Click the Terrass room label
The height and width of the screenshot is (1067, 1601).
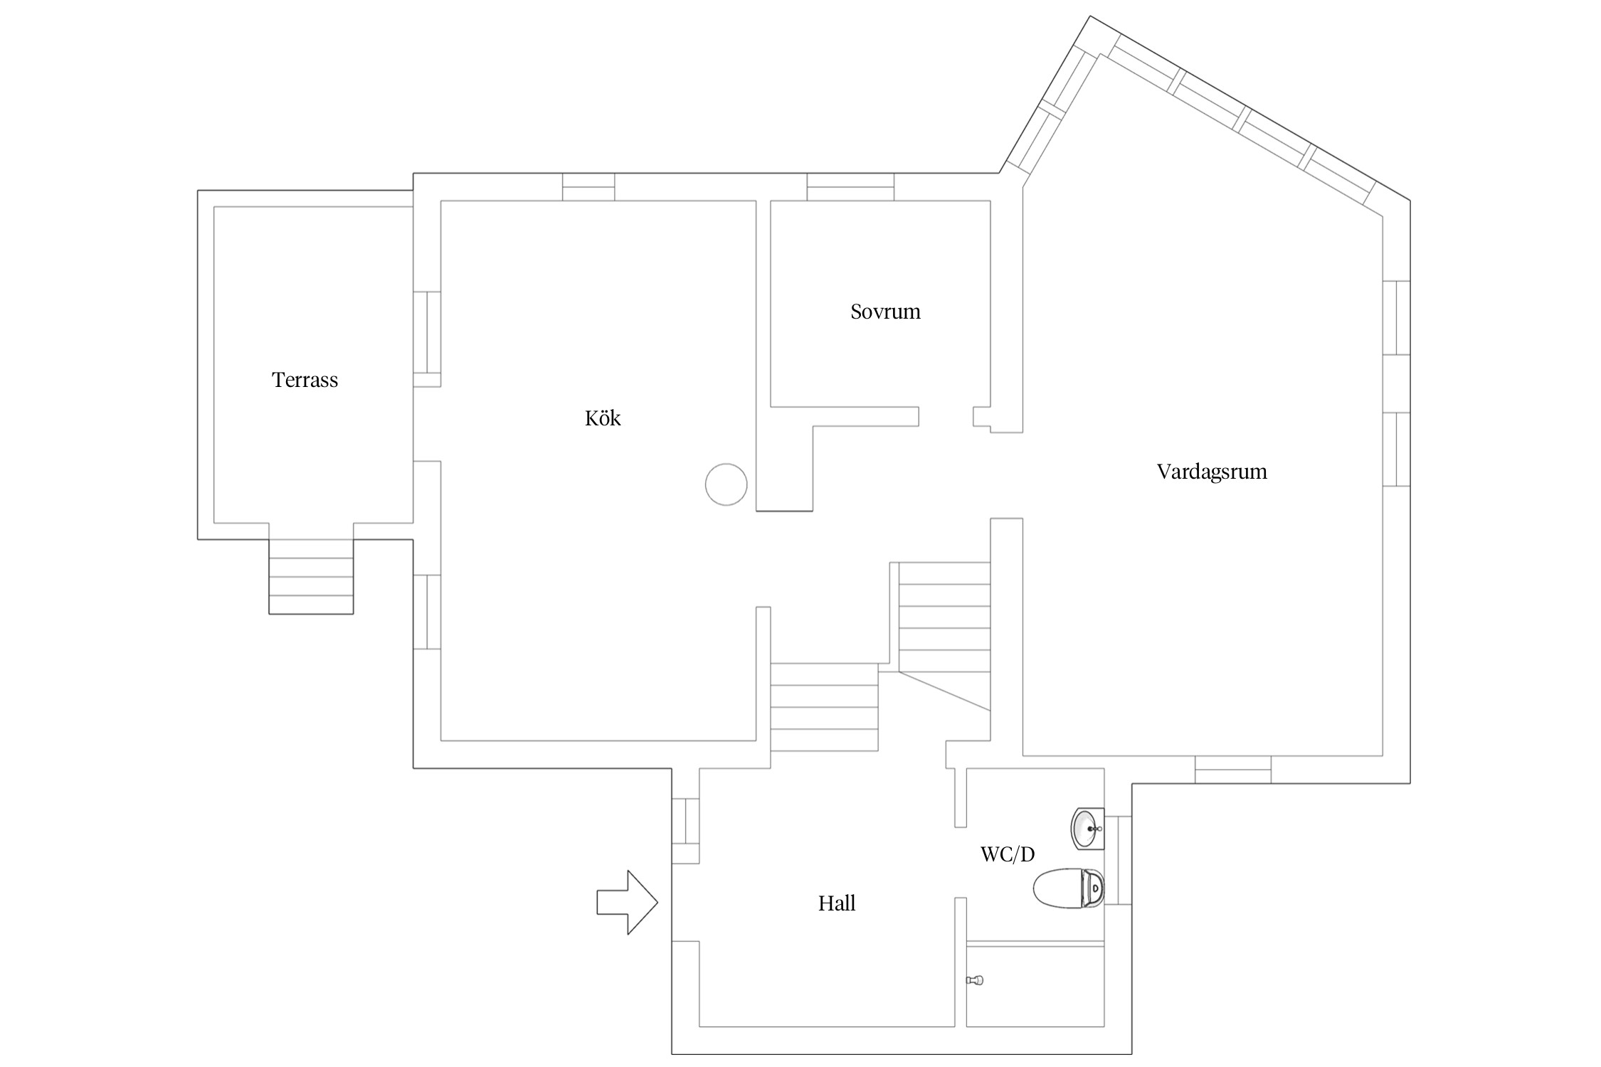coord(305,380)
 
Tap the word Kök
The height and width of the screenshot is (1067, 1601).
coord(603,418)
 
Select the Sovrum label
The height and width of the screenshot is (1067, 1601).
coord(885,312)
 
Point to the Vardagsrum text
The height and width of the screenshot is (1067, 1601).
coord(1212,472)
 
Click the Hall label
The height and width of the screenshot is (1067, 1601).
coord(837,903)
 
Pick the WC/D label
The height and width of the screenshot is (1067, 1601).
coord(1008,854)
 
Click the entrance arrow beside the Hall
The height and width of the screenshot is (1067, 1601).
coord(627,902)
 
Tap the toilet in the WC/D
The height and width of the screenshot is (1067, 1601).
coord(1068,888)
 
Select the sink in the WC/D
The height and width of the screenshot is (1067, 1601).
coord(1087,829)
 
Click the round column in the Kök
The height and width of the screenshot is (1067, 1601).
coord(726,484)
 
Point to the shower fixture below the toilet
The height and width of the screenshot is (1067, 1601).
coord(974,980)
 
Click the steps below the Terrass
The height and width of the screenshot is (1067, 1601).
coord(311,577)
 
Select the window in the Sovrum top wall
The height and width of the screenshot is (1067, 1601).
coord(850,187)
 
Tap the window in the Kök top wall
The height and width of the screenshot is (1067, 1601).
coord(588,187)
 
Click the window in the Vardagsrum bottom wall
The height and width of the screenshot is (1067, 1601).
coord(1233,770)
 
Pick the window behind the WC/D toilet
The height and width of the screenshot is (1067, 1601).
coord(1118,860)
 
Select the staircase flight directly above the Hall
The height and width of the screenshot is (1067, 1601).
coord(824,707)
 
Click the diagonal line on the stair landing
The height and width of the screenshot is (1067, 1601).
coord(945,691)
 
